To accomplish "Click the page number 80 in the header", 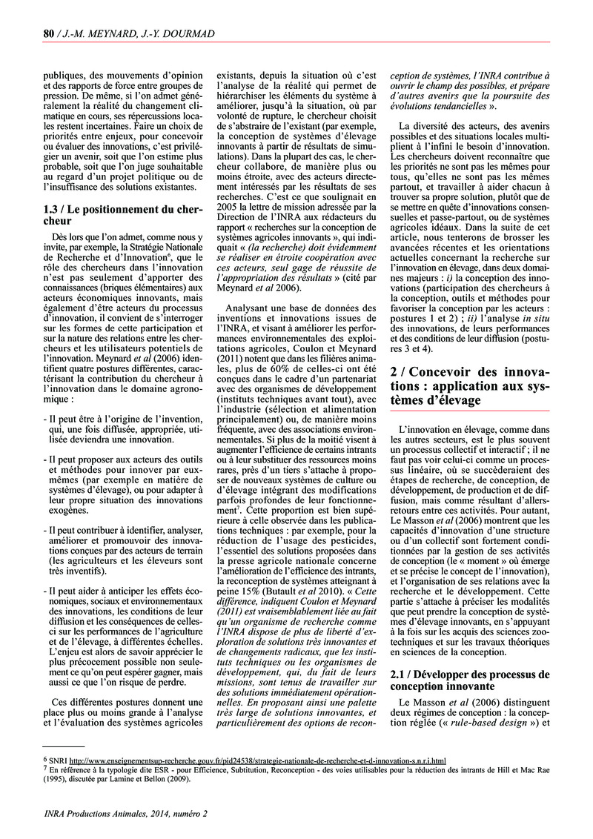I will (x=50, y=32).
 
